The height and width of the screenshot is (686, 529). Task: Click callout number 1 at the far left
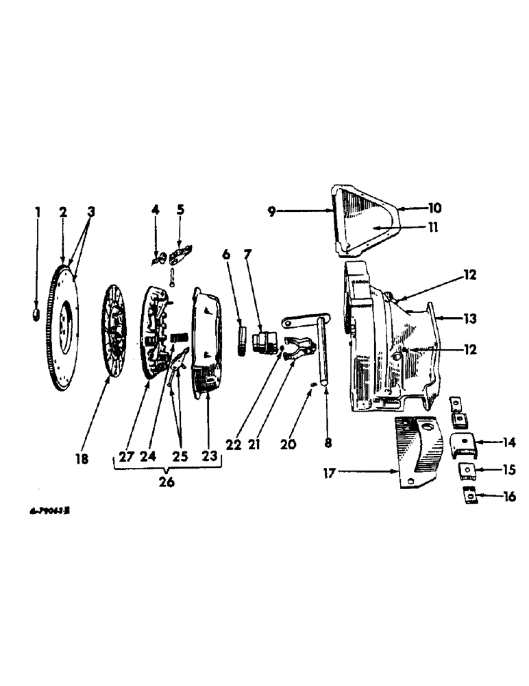38,212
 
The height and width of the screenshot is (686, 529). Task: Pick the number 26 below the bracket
167,482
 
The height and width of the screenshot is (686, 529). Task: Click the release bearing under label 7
262,341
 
